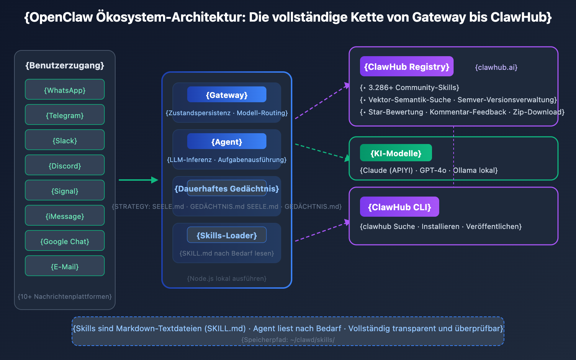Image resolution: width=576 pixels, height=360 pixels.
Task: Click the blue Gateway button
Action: tap(227, 94)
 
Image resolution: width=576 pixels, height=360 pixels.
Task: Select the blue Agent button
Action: tap(227, 141)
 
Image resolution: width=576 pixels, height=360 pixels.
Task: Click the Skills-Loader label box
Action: tap(227, 235)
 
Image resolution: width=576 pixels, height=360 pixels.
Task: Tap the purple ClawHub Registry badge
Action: tap(406, 66)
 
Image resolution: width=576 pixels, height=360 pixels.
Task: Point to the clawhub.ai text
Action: tap(496, 67)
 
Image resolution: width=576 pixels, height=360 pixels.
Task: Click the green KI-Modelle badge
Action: tap(396, 153)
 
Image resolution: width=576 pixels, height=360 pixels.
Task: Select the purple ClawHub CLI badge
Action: tap(399, 207)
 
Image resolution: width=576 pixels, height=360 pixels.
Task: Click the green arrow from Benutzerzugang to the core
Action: tap(138, 180)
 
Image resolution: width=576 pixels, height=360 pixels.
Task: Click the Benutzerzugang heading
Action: tap(65, 66)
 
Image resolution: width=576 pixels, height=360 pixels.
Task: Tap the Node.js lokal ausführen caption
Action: tap(227, 278)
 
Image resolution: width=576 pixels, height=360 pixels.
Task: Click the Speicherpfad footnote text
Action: tap(288, 339)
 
